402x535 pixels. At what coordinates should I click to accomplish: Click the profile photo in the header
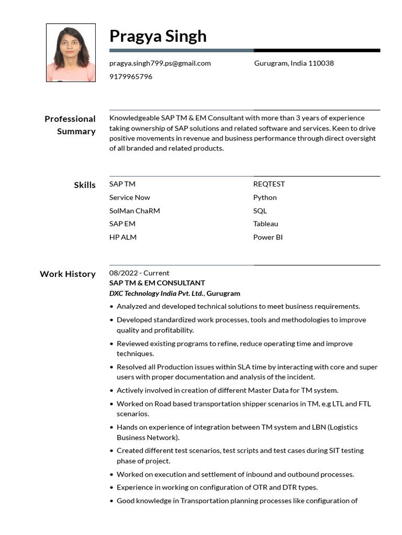pyautogui.click(x=71, y=53)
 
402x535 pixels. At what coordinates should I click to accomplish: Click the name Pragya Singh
pyautogui.click(x=158, y=36)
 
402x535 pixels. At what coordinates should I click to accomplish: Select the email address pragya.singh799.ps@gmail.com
pyautogui.click(x=160, y=63)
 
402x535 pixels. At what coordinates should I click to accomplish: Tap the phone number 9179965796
pyautogui.click(x=131, y=77)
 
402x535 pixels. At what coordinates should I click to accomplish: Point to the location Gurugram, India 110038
pyautogui.click(x=294, y=63)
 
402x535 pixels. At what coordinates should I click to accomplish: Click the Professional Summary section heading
pyautogui.click(x=70, y=125)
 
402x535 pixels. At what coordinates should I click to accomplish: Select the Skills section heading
pyautogui.click(x=85, y=185)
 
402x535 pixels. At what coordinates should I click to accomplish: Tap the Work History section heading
pyautogui.click(x=68, y=274)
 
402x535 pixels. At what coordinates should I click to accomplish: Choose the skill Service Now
pyautogui.click(x=129, y=197)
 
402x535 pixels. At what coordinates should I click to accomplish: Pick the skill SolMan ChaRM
pyautogui.click(x=135, y=211)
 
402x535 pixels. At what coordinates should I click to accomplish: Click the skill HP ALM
pyautogui.click(x=122, y=237)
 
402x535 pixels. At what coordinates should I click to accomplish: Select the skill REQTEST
pyautogui.click(x=269, y=184)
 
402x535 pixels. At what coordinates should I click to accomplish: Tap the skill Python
pyautogui.click(x=265, y=197)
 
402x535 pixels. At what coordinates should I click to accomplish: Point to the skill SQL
pyautogui.click(x=260, y=211)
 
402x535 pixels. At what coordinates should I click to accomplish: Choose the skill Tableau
pyautogui.click(x=265, y=224)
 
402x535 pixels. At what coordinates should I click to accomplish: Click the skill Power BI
pyautogui.click(x=267, y=237)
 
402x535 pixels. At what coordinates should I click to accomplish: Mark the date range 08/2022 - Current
pyautogui.click(x=139, y=273)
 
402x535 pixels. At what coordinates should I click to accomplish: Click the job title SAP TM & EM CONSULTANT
pyautogui.click(x=157, y=283)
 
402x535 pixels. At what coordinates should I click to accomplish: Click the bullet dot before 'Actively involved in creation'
pyautogui.click(x=111, y=390)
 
